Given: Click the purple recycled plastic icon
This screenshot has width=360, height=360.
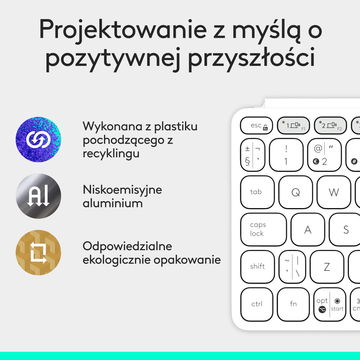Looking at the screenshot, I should [x=38, y=139].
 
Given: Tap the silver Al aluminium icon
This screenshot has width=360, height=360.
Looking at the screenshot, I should [x=38, y=196].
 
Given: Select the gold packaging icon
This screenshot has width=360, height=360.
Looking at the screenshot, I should [x=38, y=253].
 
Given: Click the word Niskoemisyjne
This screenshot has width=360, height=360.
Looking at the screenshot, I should [x=122, y=190].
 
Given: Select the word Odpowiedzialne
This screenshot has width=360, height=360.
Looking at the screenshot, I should [x=127, y=247].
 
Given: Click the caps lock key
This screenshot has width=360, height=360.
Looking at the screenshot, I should [x=263, y=229].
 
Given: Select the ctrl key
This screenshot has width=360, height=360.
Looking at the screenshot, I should [x=257, y=304].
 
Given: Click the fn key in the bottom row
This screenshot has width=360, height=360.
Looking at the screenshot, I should [x=293, y=304].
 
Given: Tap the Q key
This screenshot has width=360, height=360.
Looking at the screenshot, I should [x=296, y=192].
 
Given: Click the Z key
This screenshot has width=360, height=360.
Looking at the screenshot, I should [x=327, y=267].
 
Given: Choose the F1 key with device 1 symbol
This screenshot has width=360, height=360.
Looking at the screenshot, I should [x=293, y=125].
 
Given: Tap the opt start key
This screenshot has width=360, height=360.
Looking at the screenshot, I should [x=330, y=305].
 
